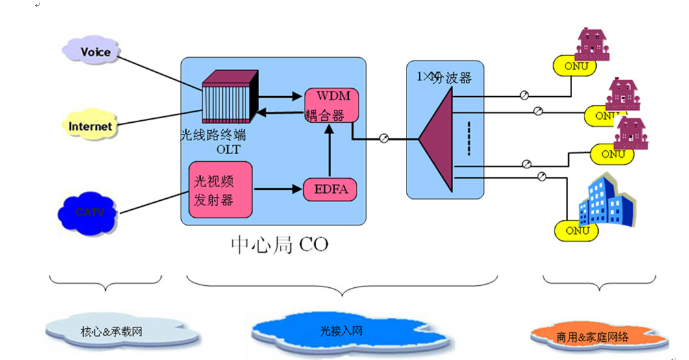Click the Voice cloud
(x=95, y=51)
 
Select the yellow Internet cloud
(x=91, y=126)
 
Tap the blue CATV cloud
(x=88, y=212)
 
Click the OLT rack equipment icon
(x=229, y=99)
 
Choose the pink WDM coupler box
(x=332, y=106)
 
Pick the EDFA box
(x=331, y=190)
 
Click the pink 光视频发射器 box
(x=220, y=189)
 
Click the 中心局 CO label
(x=280, y=244)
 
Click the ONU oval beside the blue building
(x=573, y=229)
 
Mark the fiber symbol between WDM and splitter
(x=384, y=138)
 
